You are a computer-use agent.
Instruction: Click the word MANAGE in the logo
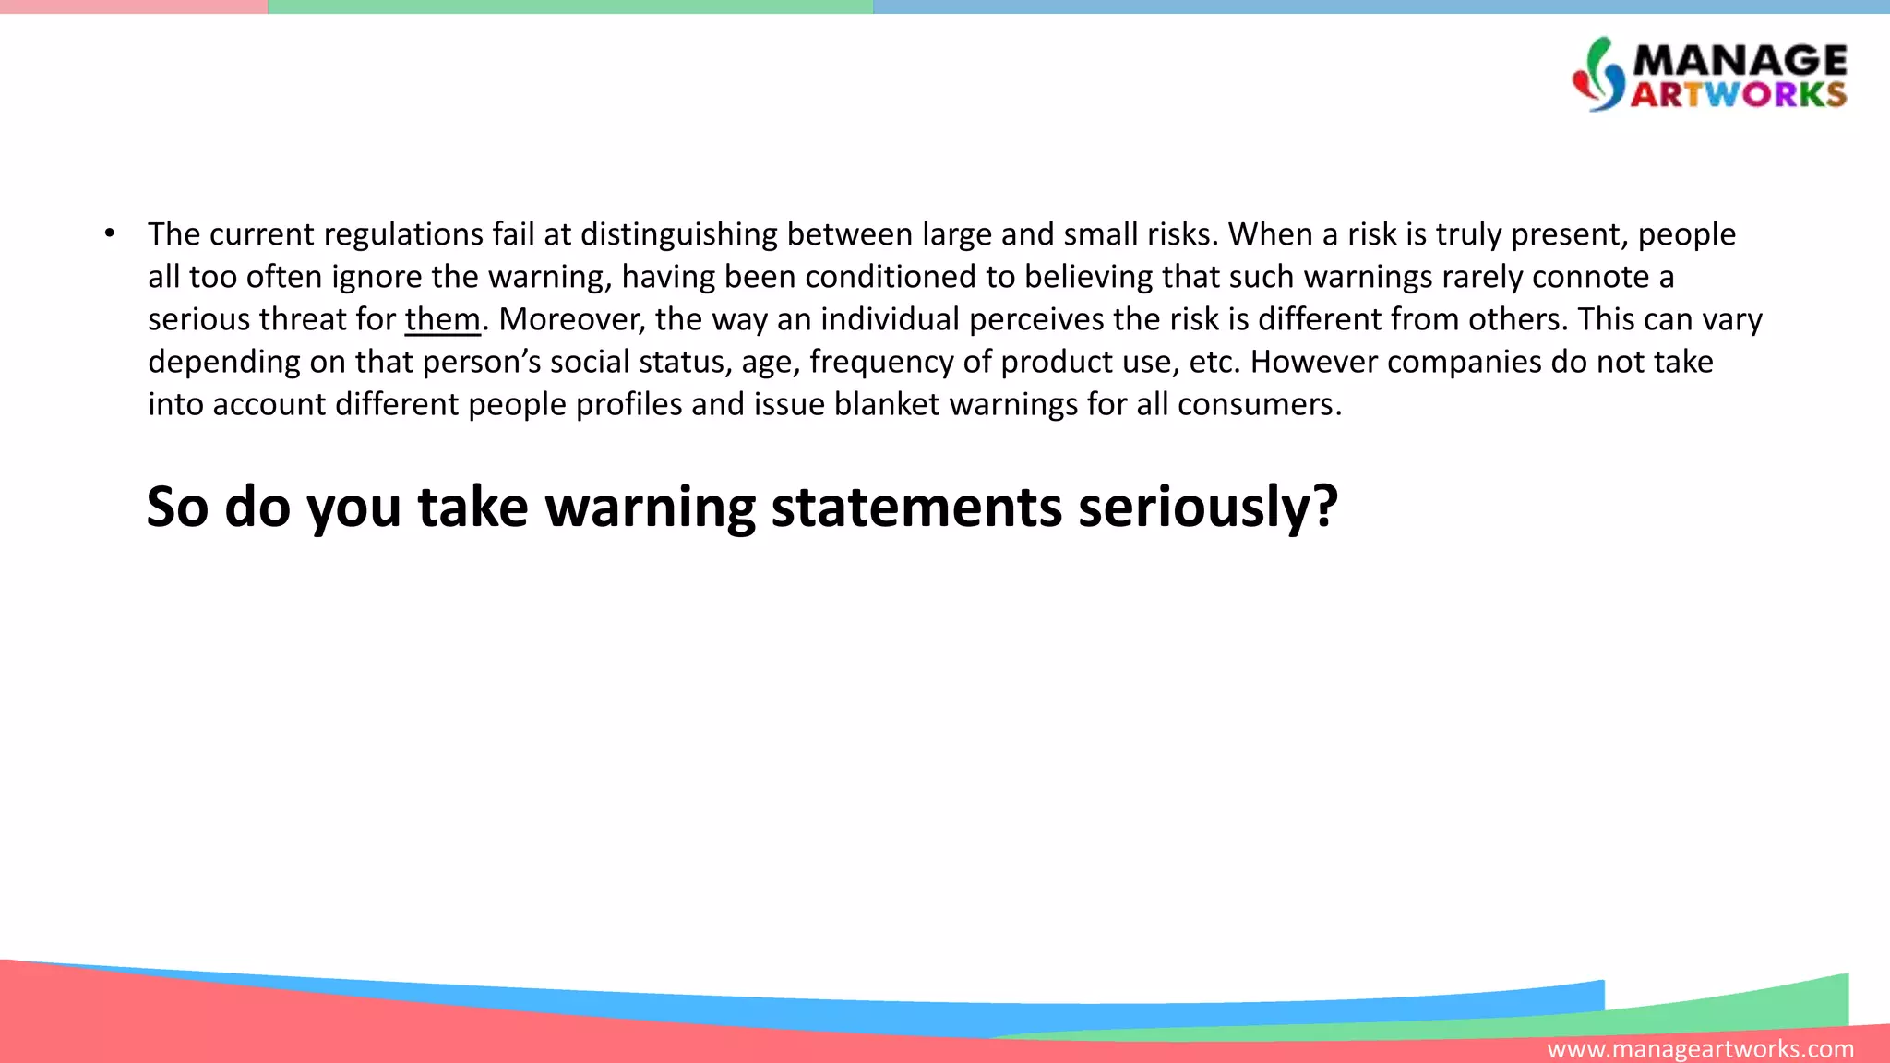pyautogui.click(x=1740, y=61)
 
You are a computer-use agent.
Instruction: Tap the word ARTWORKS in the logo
pyautogui.click(x=1739, y=94)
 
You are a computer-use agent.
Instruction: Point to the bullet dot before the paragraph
pyautogui.click(x=110, y=233)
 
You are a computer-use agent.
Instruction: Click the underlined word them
pyautogui.click(x=442, y=319)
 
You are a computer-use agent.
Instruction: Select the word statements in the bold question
pyautogui.click(x=915, y=507)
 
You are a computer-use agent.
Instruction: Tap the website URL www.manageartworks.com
pyautogui.click(x=1700, y=1049)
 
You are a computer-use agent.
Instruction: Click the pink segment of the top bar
pyautogui.click(x=134, y=6)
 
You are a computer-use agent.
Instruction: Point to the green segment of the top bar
pyautogui.click(x=570, y=6)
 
